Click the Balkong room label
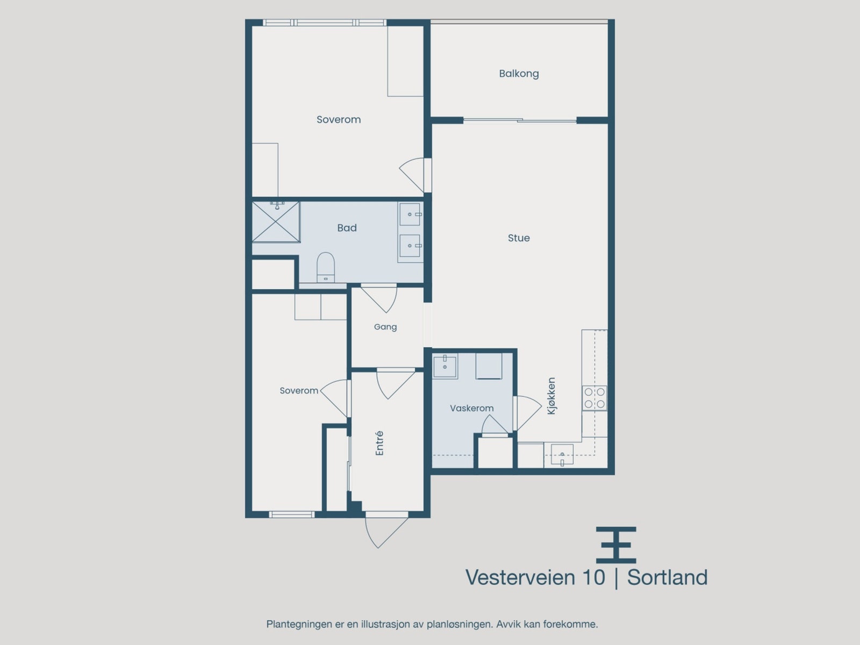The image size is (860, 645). coord(519,74)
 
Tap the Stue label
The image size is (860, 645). coord(519,238)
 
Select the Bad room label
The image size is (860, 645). coord(347,227)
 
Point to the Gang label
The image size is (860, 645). coord(385,327)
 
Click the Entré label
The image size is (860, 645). coord(379,443)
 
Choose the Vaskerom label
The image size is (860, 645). coord(471,408)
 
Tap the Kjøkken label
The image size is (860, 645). coord(551,396)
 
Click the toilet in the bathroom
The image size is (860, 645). coord(326,268)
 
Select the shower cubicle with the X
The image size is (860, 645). coord(276,222)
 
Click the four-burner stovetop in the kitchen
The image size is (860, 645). coord(594,398)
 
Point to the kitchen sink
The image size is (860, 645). coord(562,454)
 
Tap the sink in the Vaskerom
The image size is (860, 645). coord(445,367)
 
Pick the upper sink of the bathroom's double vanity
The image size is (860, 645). coord(410,214)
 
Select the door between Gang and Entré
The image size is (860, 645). coord(396,384)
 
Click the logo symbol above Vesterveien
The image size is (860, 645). coord(616,544)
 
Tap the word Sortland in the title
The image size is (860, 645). coord(667,577)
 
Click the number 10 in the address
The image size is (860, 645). coord(593,577)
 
